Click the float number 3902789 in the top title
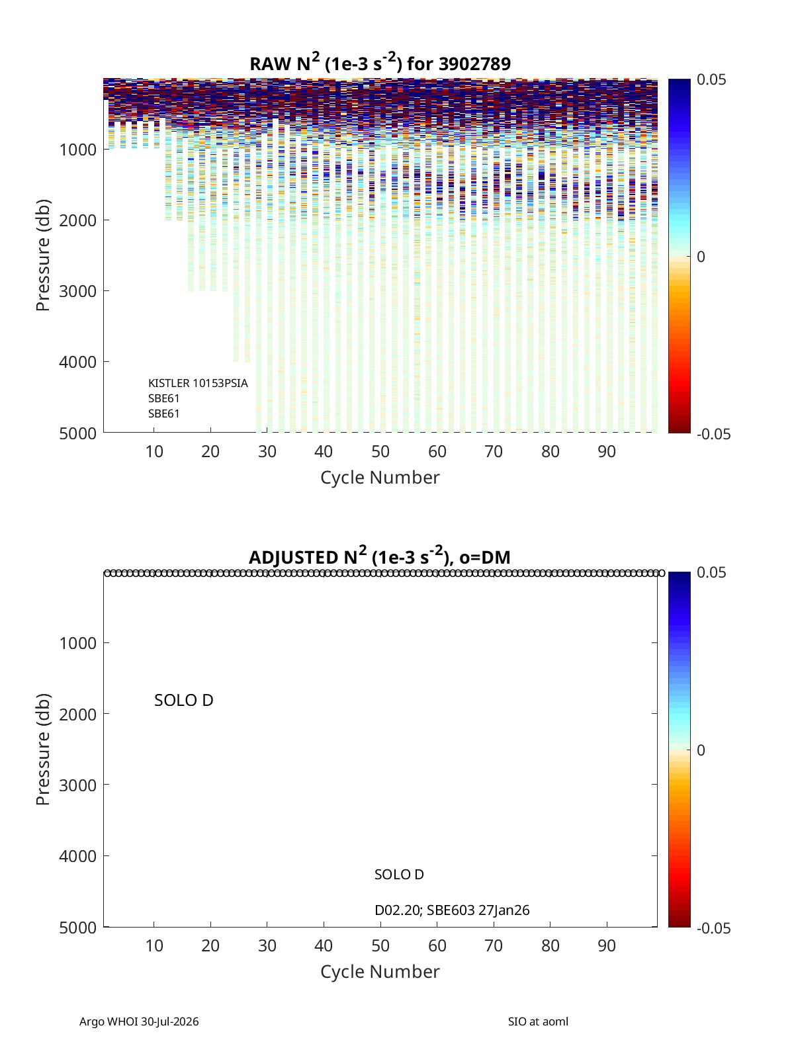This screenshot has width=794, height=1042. pyautogui.click(x=474, y=64)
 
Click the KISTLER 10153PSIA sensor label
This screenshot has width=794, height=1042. pyautogui.click(x=198, y=383)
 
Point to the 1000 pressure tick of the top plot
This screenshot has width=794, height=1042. pyautogui.click(x=78, y=150)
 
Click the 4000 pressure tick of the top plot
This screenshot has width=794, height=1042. pyautogui.click(x=78, y=362)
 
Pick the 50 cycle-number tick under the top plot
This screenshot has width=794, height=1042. pyautogui.click(x=380, y=451)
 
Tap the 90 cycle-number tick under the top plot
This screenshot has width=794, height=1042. pyautogui.click(x=607, y=451)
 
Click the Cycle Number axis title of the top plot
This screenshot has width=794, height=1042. pyautogui.click(x=380, y=478)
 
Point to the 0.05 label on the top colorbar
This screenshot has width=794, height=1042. pyautogui.click(x=711, y=79)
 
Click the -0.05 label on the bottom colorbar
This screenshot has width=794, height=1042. pyautogui.click(x=713, y=928)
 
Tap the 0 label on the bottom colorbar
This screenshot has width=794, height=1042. pyautogui.click(x=701, y=750)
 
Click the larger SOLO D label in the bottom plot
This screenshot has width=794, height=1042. pyautogui.click(x=184, y=700)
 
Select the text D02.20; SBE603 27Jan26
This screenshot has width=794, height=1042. pyautogui.click(x=452, y=910)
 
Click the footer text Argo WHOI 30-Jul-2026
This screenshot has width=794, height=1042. pyautogui.click(x=139, y=1021)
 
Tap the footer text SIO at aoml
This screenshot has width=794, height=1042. pyautogui.click(x=538, y=1021)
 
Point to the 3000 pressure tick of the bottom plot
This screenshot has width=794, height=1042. pyautogui.click(x=78, y=785)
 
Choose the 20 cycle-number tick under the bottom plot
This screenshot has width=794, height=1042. pyautogui.click(x=210, y=945)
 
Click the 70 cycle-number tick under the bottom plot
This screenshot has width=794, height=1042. pyautogui.click(x=494, y=945)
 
